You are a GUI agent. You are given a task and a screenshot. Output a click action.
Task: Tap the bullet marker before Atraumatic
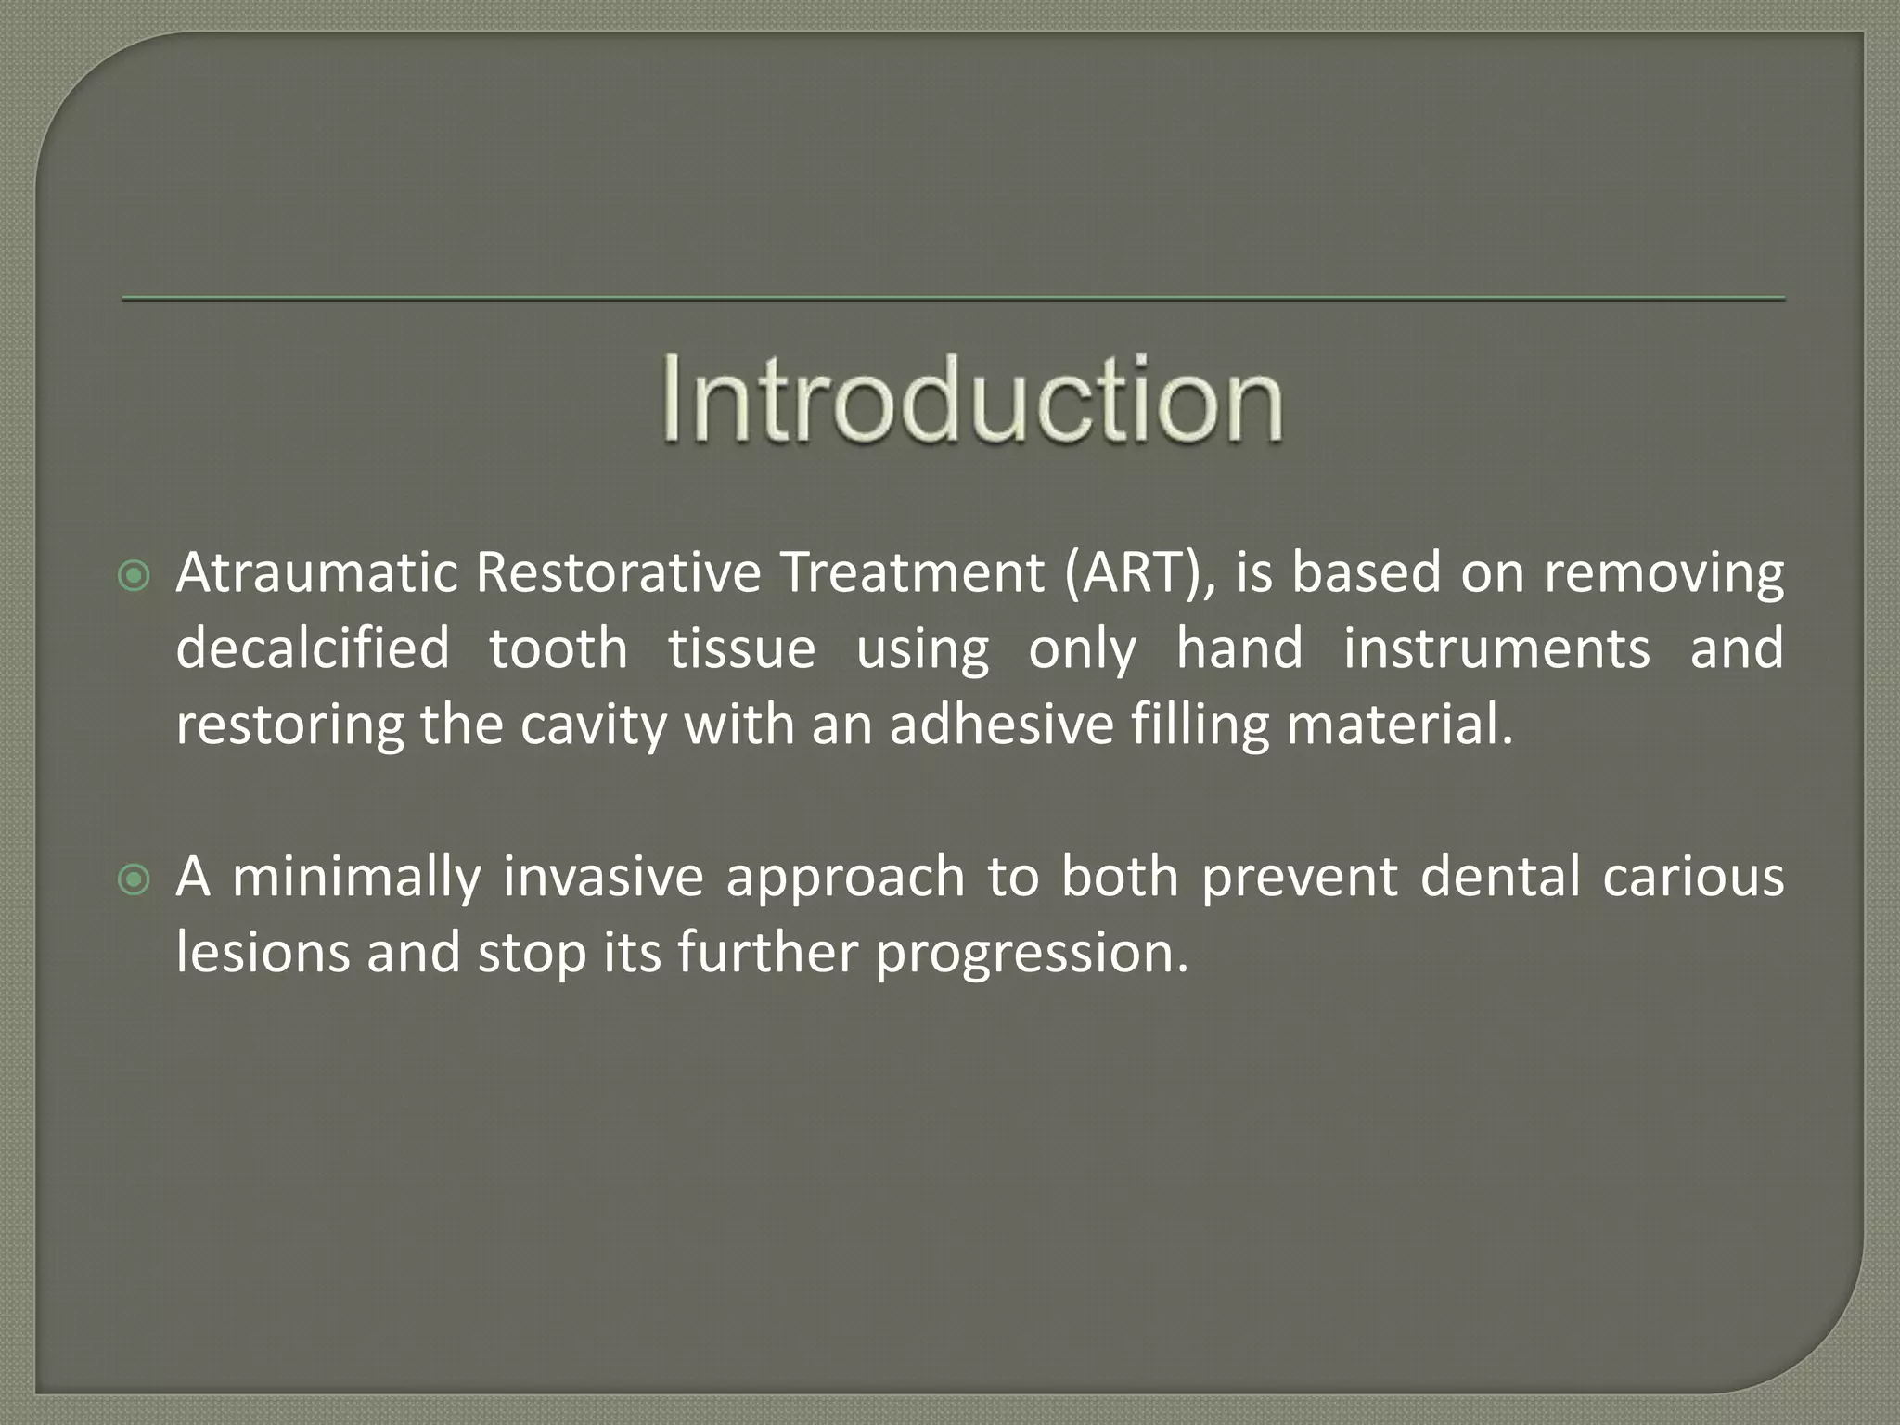click(x=135, y=578)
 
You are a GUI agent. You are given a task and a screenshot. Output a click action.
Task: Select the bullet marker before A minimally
click(x=135, y=880)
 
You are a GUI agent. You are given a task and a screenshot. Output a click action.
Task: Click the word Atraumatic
click(x=316, y=572)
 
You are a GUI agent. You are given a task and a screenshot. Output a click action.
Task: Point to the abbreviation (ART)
click(x=1138, y=573)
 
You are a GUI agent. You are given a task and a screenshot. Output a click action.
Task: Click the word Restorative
click(x=618, y=572)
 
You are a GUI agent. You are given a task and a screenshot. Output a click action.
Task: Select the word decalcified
click(x=313, y=648)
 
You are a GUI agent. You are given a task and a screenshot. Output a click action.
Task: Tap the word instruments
click(x=1496, y=648)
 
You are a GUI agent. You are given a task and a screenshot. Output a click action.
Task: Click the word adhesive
click(x=1001, y=725)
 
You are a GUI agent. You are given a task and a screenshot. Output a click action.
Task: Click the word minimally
click(x=355, y=878)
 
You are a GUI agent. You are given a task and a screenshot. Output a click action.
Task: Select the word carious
click(x=1693, y=877)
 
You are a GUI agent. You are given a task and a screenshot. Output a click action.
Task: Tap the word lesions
click(x=263, y=953)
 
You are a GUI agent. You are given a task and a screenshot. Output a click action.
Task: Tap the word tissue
click(x=741, y=648)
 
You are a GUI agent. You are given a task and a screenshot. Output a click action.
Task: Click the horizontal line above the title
click(x=954, y=299)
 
